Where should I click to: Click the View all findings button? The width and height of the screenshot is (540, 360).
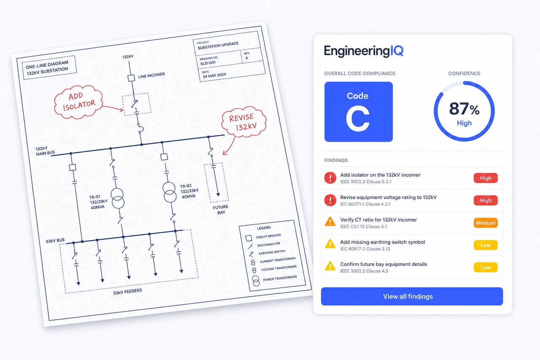(412, 296)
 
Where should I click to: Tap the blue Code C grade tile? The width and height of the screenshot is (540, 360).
(359, 112)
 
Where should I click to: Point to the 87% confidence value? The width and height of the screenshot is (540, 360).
(464, 109)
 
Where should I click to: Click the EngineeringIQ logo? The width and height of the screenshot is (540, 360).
(364, 51)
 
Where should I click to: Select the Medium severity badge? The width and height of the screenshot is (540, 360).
(486, 223)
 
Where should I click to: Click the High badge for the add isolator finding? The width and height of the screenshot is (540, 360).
(486, 178)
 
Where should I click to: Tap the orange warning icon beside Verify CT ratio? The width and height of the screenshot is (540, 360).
(330, 222)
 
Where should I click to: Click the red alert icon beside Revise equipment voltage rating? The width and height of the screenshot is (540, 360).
(330, 200)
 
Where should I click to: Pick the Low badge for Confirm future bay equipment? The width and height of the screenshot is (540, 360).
(486, 267)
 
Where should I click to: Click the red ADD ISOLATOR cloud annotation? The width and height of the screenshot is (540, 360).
(78, 102)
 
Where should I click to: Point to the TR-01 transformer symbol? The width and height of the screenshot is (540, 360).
(117, 198)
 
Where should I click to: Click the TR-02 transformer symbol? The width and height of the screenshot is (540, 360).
(170, 192)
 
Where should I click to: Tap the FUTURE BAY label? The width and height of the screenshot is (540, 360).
(221, 209)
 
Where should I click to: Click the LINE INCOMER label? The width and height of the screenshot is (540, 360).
(151, 76)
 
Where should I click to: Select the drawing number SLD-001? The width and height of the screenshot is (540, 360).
(208, 63)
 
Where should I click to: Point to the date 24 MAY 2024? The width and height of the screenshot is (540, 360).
(214, 76)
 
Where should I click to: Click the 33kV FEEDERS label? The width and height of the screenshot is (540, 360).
(127, 292)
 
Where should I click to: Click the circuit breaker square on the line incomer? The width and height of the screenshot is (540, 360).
(131, 78)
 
